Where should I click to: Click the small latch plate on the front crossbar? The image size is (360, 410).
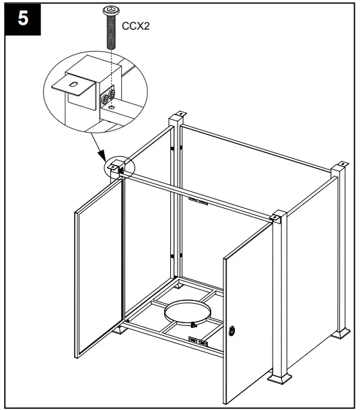coord(199,200)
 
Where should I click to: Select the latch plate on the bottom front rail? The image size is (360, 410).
coord(199,343)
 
